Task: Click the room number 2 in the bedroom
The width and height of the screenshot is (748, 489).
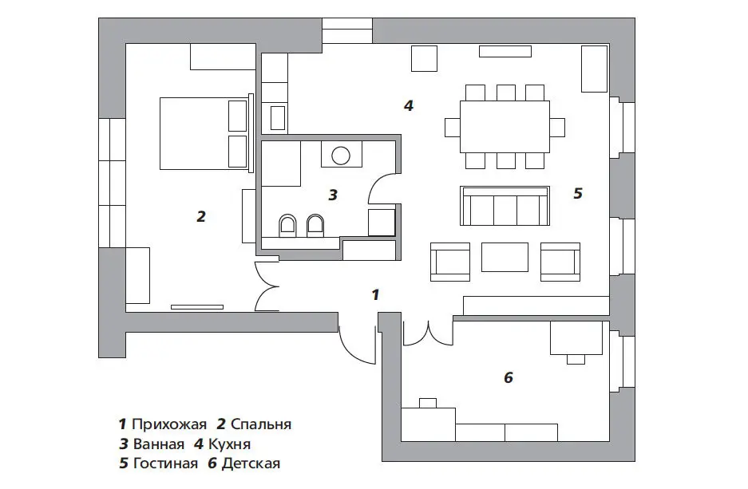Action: point(201,216)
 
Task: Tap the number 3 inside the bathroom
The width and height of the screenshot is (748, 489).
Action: point(333,195)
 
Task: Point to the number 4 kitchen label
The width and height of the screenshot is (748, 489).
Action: point(409,105)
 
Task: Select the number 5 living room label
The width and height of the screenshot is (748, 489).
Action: point(578,193)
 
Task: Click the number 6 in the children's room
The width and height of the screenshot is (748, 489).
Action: point(508,377)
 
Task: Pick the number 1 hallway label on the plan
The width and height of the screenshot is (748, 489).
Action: point(375,294)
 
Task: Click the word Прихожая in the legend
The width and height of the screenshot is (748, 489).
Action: point(169,424)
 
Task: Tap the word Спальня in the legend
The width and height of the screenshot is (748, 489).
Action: point(261,424)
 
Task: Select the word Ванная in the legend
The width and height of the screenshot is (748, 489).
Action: point(158,444)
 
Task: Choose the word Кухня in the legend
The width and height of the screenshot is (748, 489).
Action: point(229,444)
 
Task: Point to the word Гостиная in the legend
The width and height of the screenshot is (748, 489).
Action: point(165,463)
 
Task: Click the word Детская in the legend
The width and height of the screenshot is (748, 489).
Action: point(251,463)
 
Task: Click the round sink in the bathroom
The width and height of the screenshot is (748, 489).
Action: point(341,156)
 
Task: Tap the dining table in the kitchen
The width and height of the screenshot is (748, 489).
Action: point(505,126)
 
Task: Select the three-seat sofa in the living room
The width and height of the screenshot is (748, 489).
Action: point(505,206)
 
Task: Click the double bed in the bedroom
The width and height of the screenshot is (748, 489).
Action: point(204,133)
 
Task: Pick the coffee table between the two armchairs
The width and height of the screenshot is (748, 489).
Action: point(505,257)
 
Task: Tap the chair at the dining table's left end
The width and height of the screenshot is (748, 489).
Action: point(453,128)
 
